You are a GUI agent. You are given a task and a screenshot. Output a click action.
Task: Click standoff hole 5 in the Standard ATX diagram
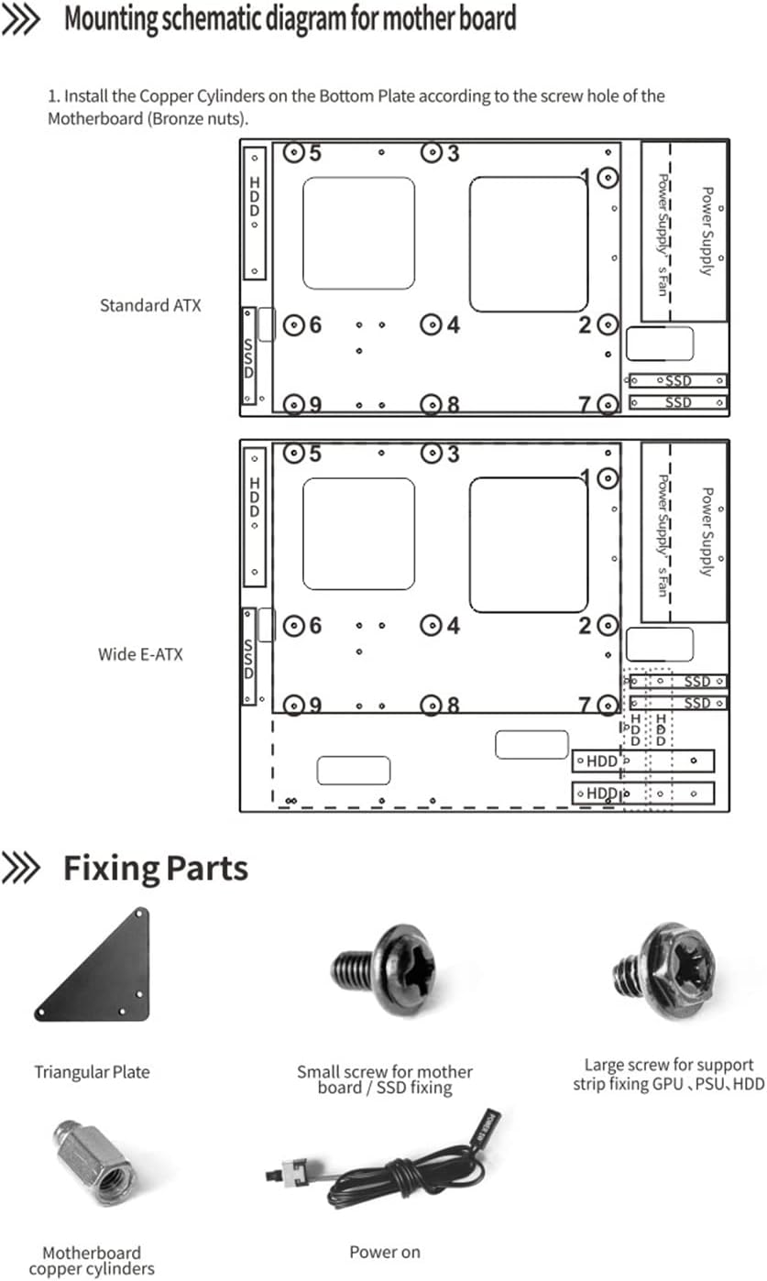point(293,153)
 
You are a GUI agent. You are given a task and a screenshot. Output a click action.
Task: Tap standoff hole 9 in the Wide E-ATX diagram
point(293,705)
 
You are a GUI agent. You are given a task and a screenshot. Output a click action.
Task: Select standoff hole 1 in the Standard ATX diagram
point(607,178)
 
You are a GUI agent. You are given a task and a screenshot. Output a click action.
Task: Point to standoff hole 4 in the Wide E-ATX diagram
point(431,626)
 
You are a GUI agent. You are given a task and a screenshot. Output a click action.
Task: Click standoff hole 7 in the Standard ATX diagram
point(607,403)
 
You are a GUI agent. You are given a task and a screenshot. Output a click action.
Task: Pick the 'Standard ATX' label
point(149,305)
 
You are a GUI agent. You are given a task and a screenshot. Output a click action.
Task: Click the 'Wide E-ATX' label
point(140,654)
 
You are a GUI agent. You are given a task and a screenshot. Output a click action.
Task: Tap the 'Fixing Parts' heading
point(155,868)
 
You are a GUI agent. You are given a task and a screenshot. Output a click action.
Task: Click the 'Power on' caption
point(385,1252)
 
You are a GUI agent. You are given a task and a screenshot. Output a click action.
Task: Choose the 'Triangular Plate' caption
point(92,1071)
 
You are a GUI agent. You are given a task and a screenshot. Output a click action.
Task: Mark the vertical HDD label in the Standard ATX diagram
point(255,197)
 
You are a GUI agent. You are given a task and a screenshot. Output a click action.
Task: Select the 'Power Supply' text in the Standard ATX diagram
point(707,231)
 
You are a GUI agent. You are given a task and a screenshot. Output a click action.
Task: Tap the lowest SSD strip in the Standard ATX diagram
point(679,402)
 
